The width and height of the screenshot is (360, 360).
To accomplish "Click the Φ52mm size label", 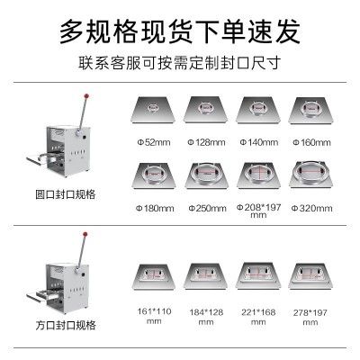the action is tap(154, 142).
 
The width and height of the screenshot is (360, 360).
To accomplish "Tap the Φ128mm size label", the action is tap(206, 142).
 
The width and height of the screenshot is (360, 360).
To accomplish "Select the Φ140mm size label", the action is tap(259, 142).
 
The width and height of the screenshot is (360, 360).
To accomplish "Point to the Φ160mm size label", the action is tap(311, 142).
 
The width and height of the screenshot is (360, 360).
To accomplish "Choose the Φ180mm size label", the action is tap(155, 208).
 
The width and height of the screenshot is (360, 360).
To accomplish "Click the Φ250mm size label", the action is tap(207, 208).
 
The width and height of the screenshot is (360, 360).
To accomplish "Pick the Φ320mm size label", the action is tap(311, 208).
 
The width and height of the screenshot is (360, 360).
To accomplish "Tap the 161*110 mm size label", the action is tap(154, 316).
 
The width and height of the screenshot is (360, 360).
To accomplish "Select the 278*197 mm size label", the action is tap(310, 318).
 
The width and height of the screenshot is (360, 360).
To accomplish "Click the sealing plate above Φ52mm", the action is tap(153, 110).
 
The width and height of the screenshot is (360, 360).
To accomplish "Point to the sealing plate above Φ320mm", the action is tap(311, 175).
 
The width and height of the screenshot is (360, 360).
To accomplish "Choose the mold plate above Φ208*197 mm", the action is tap(258, 175).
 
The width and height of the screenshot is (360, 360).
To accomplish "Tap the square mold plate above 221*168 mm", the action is tap(258, 276).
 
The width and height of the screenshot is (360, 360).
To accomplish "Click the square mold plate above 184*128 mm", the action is tap(206, 276).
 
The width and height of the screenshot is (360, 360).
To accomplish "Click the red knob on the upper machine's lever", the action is tap(86, 96).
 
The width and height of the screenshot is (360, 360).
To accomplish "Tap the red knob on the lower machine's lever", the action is tap(85, 234).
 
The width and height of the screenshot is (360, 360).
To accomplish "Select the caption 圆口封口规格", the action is tap(66, 194).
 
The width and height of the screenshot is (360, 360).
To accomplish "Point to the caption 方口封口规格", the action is tap(66, 325).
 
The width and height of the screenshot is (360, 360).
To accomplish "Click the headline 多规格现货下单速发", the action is tap(180, 31).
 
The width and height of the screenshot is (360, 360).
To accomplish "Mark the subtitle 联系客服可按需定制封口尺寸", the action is tap(180, 63).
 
